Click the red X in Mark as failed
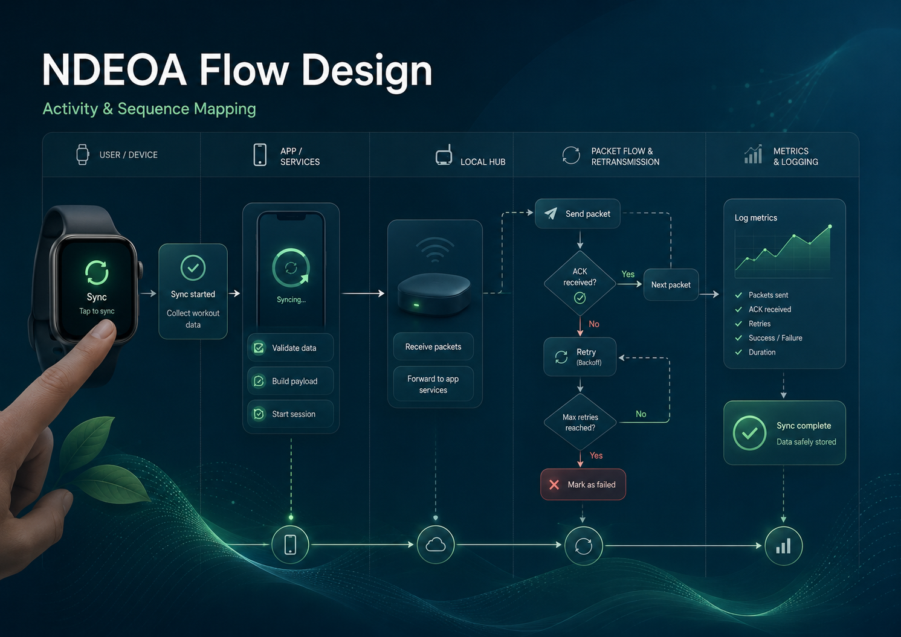pyautogui.click(x=554, y=485)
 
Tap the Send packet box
pyautogui.click(x=578, y=214)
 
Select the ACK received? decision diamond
pyautogui.click(x=580, y=284)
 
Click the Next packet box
pyautogui.click(x=671, y=284)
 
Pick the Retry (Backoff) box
pyautogui.click(x=580, y=357)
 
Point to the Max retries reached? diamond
pyautogui.click(x=580, y=422)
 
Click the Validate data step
pyautogui.click(x=291, y=348)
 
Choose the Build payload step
pyautogui.click(x=291, y=381)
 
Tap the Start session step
pyautogui.click(x=291, y=414)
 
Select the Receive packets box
pyautogui.click(x=433, y=347)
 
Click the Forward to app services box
pyautogui.click(x=433, y=384)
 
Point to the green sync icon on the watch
pyautogui.click(x=97, y=272)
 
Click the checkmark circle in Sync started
pyautogui.click(x=193, y=267)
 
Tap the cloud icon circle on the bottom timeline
pyautogui.click(x=436, y=545)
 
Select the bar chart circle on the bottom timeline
pyautogui.click(x=784, y=546)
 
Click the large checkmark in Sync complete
pyautogui.click(x=749, y=433)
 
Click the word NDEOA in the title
pyautogui.click(x=114, y=70)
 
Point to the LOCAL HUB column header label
pyautogui.click(x=483, y=162)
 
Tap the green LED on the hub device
pyautogui.click(x=416, y=306)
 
